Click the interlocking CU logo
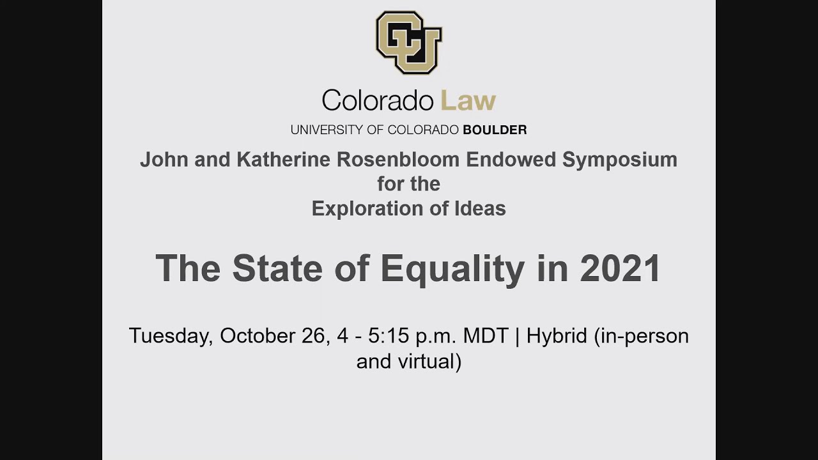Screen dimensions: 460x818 409,42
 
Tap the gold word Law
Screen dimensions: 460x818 468,101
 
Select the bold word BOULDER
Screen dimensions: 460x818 495,130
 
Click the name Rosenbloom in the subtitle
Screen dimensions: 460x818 398,159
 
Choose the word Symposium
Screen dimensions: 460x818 619,159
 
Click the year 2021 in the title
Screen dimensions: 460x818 620,268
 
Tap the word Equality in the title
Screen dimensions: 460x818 452,268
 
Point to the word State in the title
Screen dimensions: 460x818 278,268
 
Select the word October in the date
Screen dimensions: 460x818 257,336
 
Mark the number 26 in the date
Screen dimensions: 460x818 314,336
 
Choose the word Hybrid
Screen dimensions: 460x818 557,336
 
